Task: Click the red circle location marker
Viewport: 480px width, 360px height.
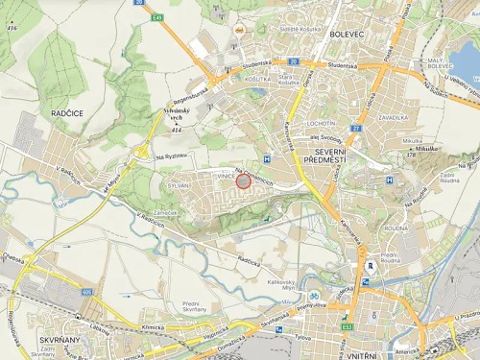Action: click(x=243, y=180)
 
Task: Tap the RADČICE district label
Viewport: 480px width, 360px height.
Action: click(x=67, y=111)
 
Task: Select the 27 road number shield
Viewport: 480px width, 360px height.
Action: click(x=355, y=126)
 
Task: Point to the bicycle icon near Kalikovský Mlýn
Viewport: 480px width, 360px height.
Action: click(x=312, y=295)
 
